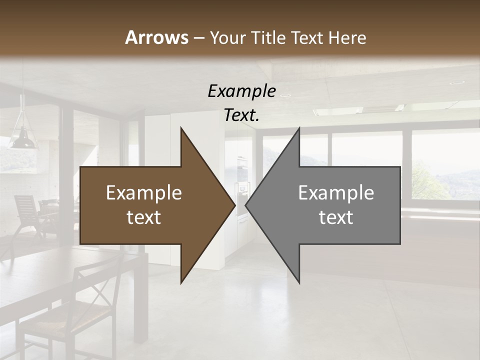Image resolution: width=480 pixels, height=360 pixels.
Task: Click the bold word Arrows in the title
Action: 156,37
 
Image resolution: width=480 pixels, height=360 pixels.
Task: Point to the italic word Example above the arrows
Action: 241,91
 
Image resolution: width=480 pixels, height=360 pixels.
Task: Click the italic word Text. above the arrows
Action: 241,115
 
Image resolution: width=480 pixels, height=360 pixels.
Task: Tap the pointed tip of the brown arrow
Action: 233,205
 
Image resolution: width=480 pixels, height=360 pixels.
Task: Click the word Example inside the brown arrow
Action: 144,193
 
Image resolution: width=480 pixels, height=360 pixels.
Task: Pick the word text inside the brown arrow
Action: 144,217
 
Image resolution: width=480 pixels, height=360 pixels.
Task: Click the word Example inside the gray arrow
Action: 336,193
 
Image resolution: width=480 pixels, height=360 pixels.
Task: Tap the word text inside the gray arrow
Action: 336,217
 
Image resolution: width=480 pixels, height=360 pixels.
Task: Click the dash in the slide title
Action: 198,38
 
